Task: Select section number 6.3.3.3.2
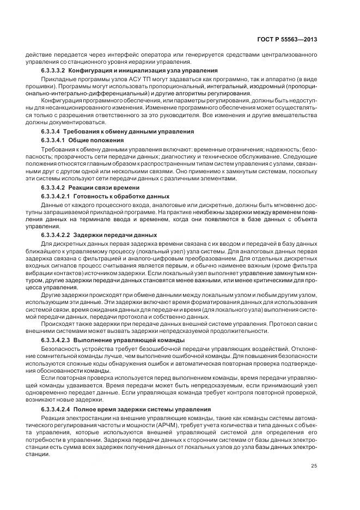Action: click(x=53, y=71)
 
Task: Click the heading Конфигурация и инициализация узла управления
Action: click(x=143, y=71)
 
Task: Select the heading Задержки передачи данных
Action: click(x=115, y=235)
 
